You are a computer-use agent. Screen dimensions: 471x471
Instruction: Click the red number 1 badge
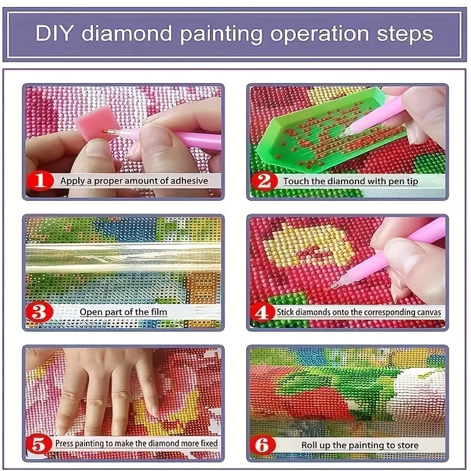(40, 180)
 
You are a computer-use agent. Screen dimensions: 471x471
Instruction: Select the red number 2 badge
(264, 181)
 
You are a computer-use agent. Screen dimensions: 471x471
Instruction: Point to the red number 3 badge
(40, 311)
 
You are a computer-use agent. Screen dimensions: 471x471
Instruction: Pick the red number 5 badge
(40, 443)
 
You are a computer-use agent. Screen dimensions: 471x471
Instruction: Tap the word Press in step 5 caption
(67, 443)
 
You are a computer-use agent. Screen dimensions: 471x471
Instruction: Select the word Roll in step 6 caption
(311, 445)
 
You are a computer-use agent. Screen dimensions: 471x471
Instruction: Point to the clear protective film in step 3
(124, 257)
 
